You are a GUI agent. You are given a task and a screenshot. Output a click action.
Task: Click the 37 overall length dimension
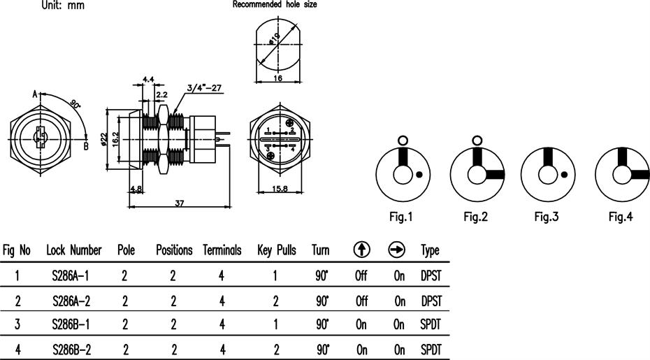point(179,203)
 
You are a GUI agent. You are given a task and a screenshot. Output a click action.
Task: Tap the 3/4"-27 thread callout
point(204,88)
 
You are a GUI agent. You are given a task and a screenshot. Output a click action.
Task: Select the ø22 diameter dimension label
point(104,138)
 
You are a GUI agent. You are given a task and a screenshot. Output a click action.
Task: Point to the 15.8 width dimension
point(280,189)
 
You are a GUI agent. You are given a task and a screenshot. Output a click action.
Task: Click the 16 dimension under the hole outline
point(277,78)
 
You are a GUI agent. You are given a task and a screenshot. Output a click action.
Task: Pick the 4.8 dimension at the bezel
point(136,189)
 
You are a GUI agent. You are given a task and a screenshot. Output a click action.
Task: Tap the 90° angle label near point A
point(75,104)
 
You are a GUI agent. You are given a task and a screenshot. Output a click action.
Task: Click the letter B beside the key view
point(86,146)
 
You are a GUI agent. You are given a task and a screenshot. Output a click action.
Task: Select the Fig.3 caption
point(547,217)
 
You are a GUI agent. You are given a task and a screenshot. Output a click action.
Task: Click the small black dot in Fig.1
point(419,175)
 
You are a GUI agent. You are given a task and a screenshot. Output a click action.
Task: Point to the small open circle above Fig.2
point(477,141)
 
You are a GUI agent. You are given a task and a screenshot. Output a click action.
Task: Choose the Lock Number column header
point(74,250)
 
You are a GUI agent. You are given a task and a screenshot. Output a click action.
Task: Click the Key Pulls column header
point(277,250)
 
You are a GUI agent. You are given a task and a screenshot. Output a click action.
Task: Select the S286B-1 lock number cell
point(71,324)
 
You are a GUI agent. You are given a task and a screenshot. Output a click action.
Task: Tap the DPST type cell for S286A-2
point(431,301)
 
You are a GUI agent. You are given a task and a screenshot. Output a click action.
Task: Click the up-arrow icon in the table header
point(362,250)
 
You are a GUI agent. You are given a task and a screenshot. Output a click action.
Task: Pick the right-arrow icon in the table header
point(397,250)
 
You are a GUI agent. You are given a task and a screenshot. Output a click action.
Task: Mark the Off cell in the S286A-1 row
point(361,275)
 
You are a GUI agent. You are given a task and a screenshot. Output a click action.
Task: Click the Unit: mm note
point(63,6)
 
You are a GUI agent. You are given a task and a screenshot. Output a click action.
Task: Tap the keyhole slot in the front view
point(41,137)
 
